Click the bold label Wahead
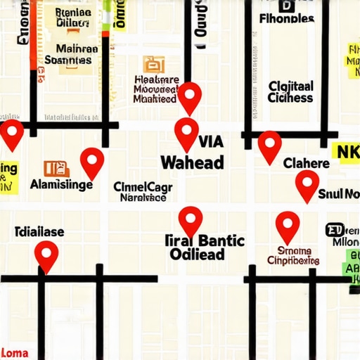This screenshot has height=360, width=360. tap(192, 162)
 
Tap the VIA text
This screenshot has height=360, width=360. tap(211, 141)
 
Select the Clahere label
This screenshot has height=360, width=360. tap(306, 164)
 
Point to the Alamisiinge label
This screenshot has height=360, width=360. tap(62, 185)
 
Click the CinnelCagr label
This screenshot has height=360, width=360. tap(142, 187)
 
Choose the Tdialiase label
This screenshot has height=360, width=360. tap(40, 231)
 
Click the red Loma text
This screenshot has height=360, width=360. tap(14, 352)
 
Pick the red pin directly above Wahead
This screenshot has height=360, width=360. tap(186, 133)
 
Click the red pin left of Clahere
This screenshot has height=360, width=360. tap(269, 146)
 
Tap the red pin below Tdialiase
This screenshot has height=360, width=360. tap(46, 255)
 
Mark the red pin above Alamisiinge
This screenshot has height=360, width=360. tap(92, 162)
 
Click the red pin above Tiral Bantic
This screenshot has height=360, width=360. tap(190, 221)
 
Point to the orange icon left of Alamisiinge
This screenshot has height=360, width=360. tap(56, 168)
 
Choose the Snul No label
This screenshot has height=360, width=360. tap(339, 194)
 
